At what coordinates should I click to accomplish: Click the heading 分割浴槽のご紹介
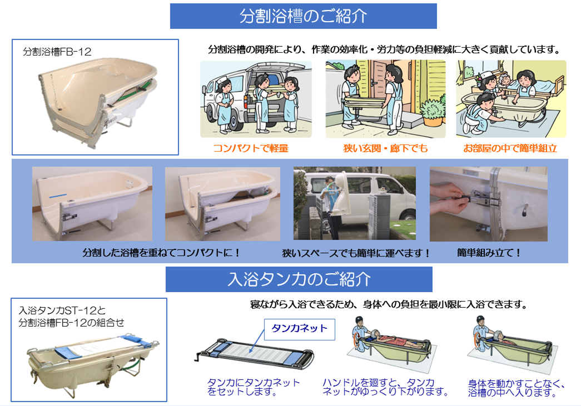coord(303,16)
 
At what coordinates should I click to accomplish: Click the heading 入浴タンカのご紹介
coord(299,279)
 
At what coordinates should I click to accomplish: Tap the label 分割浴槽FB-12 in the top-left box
coord(57,52)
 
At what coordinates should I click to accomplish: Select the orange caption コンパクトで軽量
coord(251,148)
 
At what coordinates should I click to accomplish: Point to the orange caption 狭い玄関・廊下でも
coord(385,148)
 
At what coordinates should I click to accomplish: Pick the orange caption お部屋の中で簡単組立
coord(510,148)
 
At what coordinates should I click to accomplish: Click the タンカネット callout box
coord(299,329)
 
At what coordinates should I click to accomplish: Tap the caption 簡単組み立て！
coord(489,253)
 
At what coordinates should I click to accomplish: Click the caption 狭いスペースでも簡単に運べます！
coord(356,253)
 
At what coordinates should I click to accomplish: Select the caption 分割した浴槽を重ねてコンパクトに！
coord(162,253)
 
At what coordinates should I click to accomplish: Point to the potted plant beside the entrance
coord(433,111)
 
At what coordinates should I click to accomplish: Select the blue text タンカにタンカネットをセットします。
coord(254,387)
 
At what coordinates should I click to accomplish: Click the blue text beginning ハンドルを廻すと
coord(385,387)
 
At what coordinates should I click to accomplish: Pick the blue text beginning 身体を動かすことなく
coord(517,388)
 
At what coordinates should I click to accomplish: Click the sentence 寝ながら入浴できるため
coord(389,304)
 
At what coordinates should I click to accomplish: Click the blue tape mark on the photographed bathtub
coord(58,195)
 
